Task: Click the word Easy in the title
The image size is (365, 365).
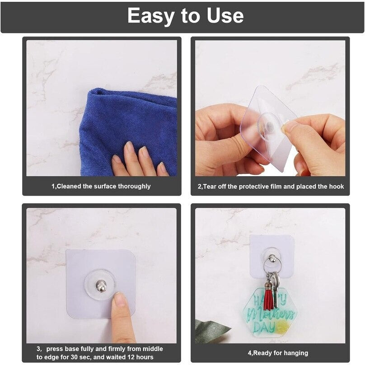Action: (x=150, y=16)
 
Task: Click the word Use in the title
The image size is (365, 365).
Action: (x=223, y=16)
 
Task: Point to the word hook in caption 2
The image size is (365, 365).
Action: (x=336, y=186)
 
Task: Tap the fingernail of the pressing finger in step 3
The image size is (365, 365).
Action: (x=120, y=299)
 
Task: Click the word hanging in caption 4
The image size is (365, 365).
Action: (x=293, y=353)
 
